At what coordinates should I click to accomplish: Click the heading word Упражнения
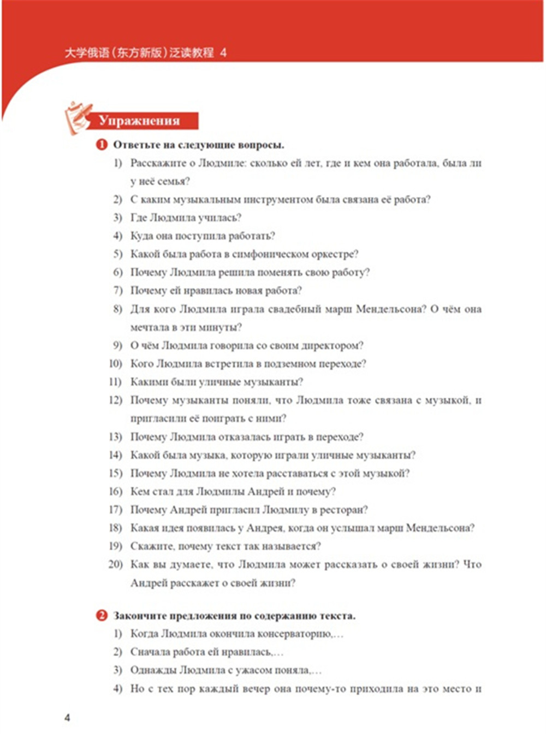(139, 121)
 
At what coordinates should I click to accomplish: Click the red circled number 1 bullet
(102, 145)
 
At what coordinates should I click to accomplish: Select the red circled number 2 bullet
(102, 616)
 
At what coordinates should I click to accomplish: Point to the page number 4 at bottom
(67, 717)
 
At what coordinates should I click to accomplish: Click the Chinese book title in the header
(140, 53)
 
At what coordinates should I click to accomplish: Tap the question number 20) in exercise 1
(115, 564)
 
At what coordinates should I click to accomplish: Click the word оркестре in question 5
(334, 254)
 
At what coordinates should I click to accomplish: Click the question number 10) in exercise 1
(115, 363)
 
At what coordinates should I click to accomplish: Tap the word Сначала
(152, 652)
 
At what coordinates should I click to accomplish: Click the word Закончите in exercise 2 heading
(139, 616)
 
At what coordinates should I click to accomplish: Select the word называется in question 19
(293, 546)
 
